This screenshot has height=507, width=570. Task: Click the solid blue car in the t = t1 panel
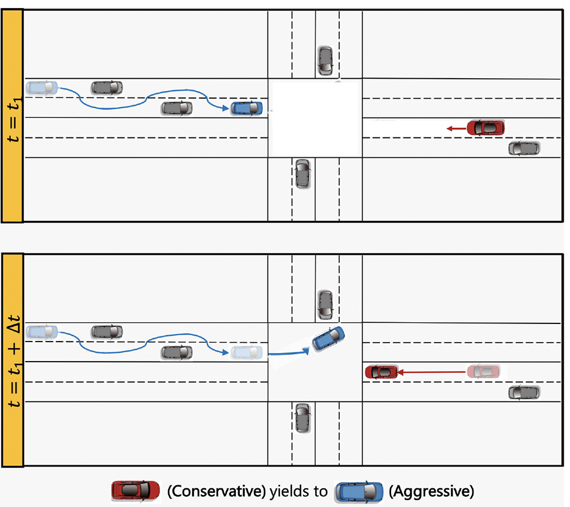click(247, 108)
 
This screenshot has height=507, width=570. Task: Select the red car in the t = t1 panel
click(486, 128)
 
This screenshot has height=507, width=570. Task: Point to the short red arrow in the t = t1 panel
click(457, 128)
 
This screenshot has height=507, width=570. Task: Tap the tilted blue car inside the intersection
click(328, 339)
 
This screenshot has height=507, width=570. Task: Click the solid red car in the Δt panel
click(382, 372)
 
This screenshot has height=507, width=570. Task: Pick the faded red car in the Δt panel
click(483, 371)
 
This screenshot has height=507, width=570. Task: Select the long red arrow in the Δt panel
click(432, 372)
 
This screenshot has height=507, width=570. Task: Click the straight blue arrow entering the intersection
click(288, 352)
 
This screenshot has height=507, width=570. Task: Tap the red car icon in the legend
click(136, 491)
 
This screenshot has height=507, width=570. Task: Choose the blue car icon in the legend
click(359, 492)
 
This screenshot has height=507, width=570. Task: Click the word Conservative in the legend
click(217, 492)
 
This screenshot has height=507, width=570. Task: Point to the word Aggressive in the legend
click(431, 492)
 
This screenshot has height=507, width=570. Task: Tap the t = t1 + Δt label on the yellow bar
click(14, 361)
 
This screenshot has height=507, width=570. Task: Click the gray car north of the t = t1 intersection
click(325, 60)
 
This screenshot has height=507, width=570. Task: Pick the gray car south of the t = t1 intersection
click(303, 174)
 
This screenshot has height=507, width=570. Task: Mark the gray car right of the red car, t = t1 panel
click(524, 148)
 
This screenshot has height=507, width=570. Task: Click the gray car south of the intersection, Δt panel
click(303, 418)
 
